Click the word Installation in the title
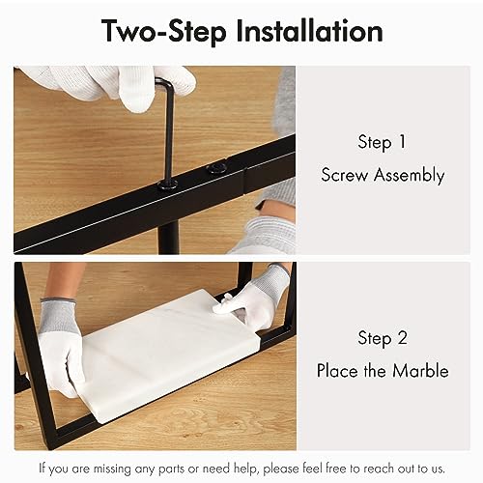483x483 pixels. [x=308, y=31]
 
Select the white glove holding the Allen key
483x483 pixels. [x=106, y=85]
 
